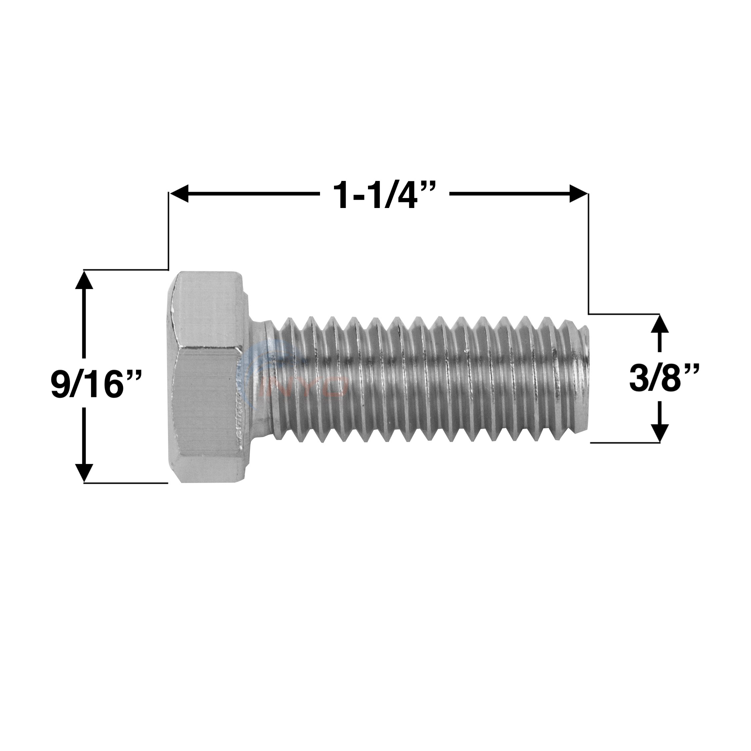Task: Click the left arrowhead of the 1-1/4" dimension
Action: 180,193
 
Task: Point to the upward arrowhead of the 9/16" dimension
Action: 84,281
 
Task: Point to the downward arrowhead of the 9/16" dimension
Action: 84,472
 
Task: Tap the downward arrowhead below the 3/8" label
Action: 660,432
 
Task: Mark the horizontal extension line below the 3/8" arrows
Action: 625,442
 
